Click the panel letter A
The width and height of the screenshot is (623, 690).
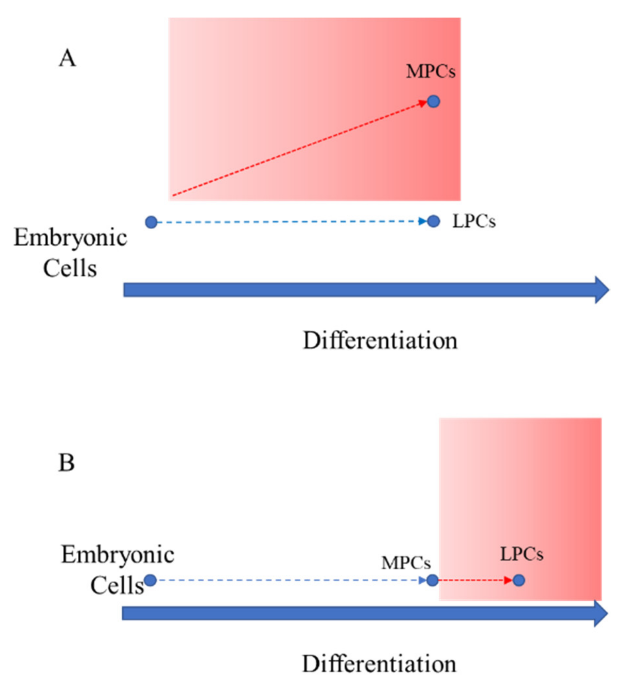[x=67, y=58]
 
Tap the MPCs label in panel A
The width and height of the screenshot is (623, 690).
[x=431, y=71]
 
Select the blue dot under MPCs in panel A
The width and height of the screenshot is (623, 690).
[x=433, y=101]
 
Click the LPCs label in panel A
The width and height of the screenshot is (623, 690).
[x=474, y=221]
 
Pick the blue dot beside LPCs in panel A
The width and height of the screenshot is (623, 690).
[x=433, y=221]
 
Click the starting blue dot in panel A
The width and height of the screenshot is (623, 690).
[x=151, y=222]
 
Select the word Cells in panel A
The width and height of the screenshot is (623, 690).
[x=70, y=269]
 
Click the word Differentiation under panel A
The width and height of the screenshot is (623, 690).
[x=380, y=341]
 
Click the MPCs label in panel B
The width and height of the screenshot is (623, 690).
[x=406, y=562]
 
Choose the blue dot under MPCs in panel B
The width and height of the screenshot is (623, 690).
[x=432, y=580]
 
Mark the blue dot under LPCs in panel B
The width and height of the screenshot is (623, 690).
[x=519, y=580]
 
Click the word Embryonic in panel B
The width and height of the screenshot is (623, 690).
[x=117, y=555]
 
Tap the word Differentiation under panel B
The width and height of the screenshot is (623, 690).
[x=379, y=664]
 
